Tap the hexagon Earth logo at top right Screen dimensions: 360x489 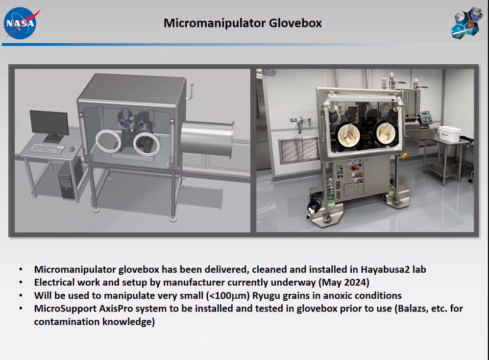[x=466, y=22]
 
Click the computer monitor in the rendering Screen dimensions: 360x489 [x=49, y=125]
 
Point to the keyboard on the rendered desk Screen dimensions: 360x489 [x=47, y=148]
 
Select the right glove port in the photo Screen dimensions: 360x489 [x=385, y=134]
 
